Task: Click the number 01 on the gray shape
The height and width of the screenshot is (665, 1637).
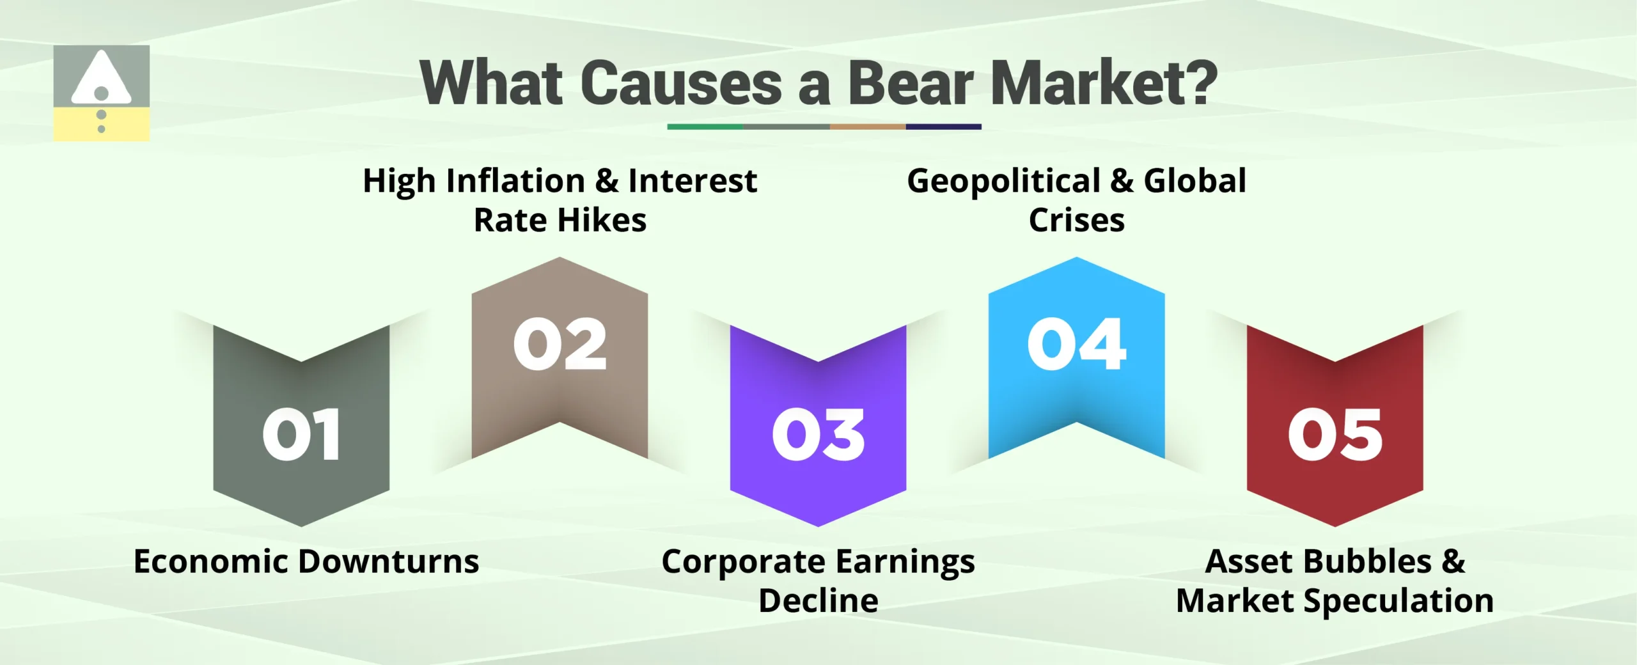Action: (x=301, y=435)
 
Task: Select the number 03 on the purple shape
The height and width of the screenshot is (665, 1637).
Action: (x=818, y=435)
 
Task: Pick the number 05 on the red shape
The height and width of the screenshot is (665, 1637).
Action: (x=1335, y=435)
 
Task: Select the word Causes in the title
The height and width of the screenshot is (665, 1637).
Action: (x=681, y=83)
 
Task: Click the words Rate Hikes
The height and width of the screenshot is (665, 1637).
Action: (x=560, y=221)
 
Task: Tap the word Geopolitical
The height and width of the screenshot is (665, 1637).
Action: (x=1003, y=181)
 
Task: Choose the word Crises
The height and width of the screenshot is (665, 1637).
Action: (x=1076, y=221)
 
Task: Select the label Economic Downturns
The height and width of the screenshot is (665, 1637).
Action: (x=306, y=561)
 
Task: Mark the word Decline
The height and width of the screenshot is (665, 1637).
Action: (x=818, y=601)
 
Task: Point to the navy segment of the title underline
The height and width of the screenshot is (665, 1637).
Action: (x=943, y=127)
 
